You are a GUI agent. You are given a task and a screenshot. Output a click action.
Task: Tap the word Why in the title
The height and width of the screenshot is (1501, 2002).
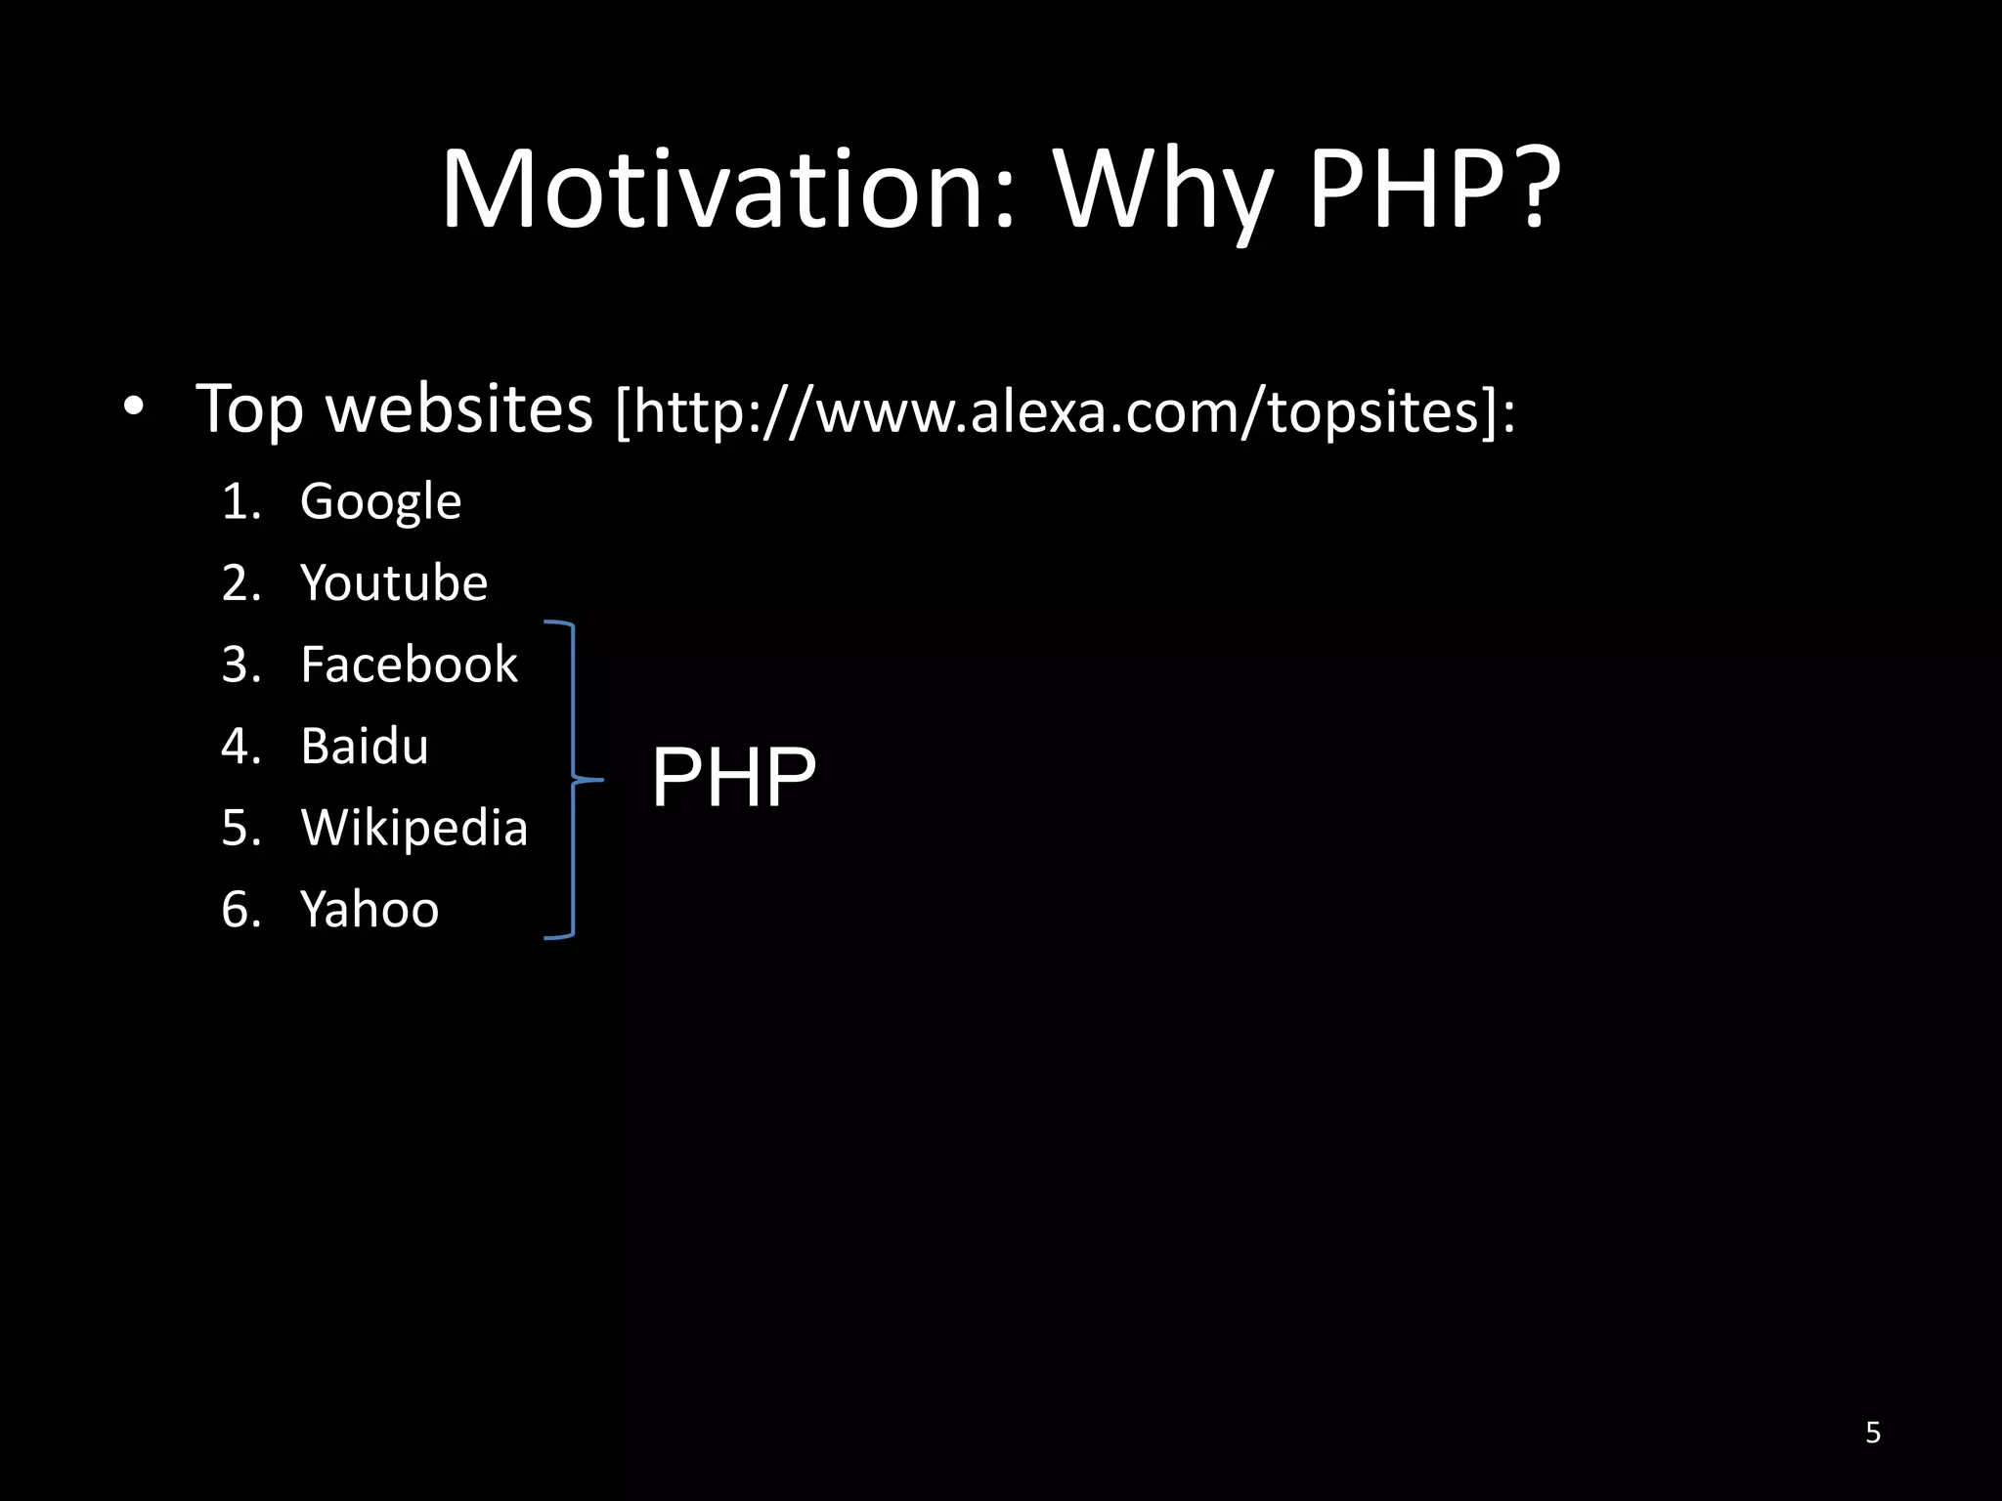1163,191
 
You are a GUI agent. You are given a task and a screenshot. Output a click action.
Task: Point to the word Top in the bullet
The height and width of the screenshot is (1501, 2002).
249,408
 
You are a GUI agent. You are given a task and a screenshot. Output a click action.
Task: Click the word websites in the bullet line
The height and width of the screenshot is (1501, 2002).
458,407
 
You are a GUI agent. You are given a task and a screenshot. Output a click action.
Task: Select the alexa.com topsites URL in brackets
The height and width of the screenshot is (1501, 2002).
1066,411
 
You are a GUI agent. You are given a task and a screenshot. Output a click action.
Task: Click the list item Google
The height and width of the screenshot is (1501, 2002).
380,502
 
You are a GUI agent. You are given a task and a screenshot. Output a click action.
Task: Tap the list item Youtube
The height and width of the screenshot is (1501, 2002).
394,583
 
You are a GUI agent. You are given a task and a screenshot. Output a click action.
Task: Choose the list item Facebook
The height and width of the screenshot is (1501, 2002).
409,665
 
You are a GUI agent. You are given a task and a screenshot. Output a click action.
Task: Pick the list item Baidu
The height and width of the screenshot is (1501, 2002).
365,747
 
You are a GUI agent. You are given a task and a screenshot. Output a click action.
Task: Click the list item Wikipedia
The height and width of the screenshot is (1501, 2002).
414,829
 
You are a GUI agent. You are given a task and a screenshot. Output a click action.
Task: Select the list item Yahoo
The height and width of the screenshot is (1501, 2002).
370,910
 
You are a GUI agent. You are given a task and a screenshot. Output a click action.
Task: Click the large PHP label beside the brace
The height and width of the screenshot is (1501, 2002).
733,778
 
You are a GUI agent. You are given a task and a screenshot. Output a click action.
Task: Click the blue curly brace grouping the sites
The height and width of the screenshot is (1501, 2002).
573,779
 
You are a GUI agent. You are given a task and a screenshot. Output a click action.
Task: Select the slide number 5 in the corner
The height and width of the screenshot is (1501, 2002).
1872,1433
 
